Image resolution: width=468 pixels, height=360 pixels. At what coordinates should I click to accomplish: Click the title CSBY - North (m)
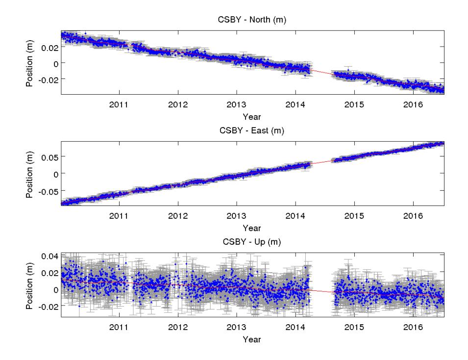252,20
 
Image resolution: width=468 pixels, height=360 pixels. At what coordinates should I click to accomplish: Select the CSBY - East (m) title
252,130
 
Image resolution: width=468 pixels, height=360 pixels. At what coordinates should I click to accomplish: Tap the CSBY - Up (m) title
252,242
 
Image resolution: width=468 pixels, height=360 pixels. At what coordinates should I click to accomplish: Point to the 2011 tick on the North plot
119,104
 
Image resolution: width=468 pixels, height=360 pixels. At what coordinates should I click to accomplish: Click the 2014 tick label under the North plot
295,104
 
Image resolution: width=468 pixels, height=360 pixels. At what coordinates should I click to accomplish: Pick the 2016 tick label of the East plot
413,216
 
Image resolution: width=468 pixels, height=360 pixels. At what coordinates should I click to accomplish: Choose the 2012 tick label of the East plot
178,216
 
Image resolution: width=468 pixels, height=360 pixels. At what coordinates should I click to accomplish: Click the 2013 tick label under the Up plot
236,327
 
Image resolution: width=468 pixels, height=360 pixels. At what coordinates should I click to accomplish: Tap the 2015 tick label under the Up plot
354,327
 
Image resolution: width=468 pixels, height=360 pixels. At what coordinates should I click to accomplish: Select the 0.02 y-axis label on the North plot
49,48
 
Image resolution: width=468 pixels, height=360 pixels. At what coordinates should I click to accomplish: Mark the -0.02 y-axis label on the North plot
48,79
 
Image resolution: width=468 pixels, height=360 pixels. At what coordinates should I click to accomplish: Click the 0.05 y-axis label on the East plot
49,157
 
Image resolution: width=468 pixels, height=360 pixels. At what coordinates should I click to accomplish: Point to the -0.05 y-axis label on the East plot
48,191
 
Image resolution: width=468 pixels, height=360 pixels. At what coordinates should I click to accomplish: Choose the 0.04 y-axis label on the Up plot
49,256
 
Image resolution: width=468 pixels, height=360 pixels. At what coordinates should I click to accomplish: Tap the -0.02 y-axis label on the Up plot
48,307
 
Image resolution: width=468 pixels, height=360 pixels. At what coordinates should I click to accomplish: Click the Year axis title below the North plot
252,117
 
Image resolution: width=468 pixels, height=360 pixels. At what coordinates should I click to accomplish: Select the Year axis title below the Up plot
252,339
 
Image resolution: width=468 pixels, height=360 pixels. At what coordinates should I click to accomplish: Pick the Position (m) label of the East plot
29,175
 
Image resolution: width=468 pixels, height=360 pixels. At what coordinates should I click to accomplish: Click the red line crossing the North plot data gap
322,72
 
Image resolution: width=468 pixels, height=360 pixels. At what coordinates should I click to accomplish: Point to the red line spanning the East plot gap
322,162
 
